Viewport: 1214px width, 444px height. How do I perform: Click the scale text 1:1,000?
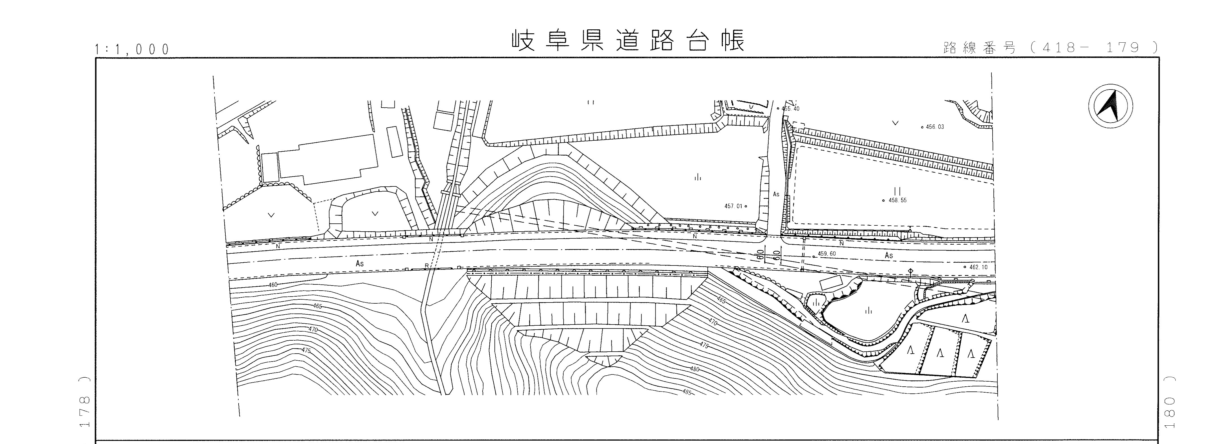(132, 49)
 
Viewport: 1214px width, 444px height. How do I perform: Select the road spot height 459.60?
(826, 254)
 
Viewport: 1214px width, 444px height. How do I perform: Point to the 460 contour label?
(273, 285)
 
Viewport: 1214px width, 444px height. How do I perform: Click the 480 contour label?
(694, 369)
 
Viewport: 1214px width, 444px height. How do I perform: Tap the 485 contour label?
(687, 392)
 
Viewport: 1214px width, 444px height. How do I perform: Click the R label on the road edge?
(426, 266)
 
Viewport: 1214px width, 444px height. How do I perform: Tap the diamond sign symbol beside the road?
(910, 271)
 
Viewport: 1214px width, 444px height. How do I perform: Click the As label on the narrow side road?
(776, 194)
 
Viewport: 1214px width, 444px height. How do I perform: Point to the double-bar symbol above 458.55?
(897, 191)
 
